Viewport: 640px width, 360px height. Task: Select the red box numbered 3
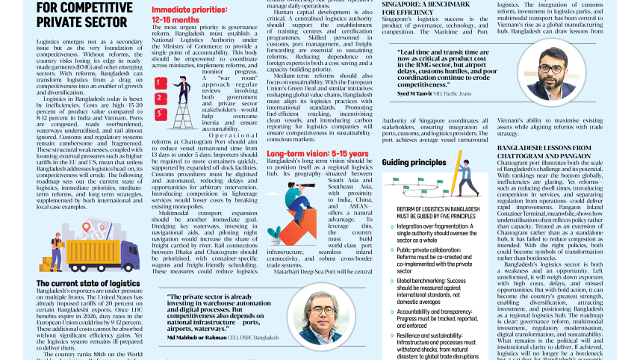tap(161, 114)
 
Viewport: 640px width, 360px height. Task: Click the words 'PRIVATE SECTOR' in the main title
tap(72, 22)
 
